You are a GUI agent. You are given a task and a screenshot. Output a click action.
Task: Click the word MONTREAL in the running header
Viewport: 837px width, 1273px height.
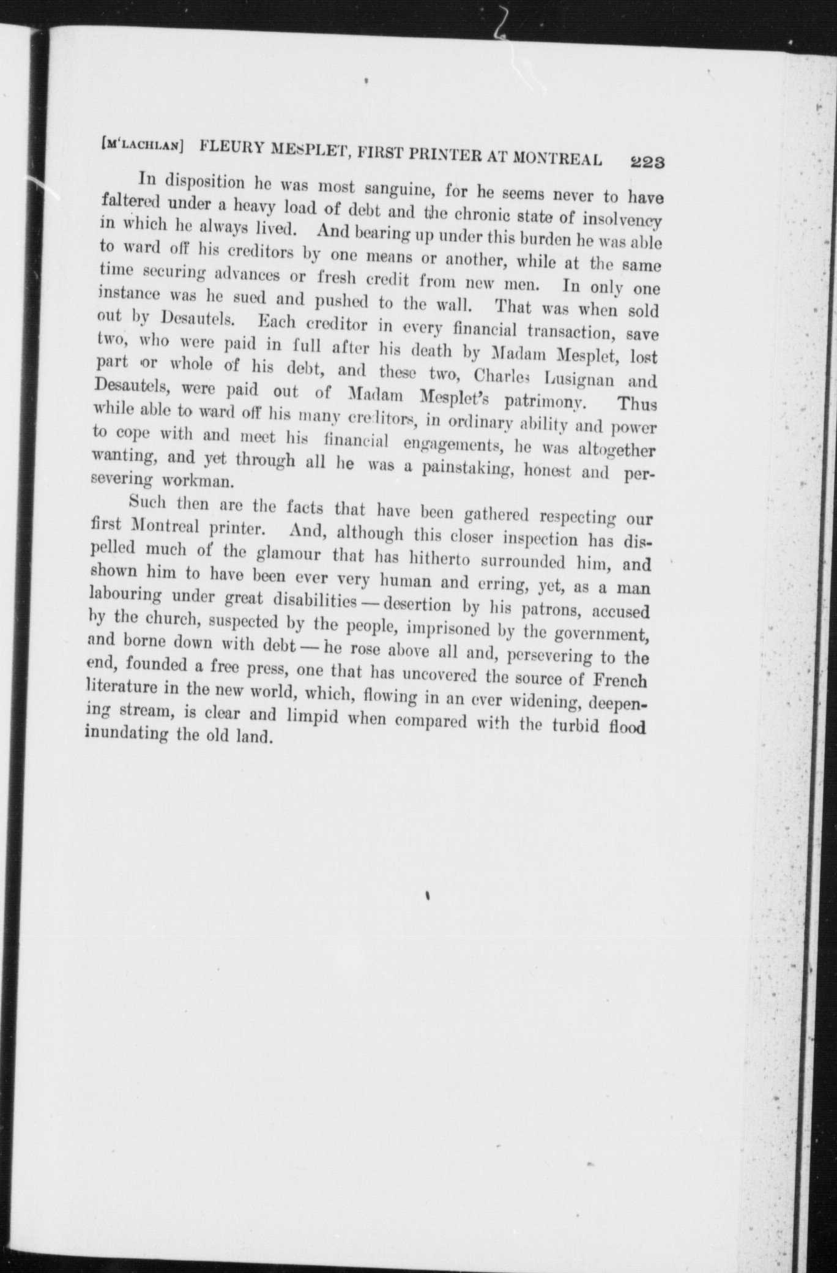click(557, 157)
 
